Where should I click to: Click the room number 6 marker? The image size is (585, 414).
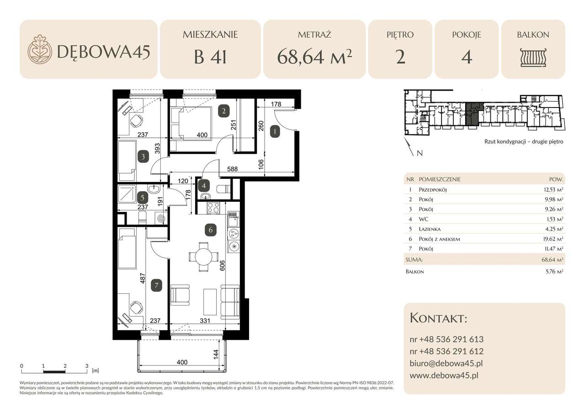pyautogui.click(x=211, y=230)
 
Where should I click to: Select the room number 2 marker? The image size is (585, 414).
pyautogui.click(x=223, y=110)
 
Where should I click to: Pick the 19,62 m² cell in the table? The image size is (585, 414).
pyautogui.click(x=552, y=239)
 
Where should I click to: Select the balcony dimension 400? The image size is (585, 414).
pyautogui.click(x=182, y=362)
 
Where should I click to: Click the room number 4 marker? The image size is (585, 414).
pyautogui.click(x=204, y=186)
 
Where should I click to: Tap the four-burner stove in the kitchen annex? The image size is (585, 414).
pyautogui.click(x=213, y=208)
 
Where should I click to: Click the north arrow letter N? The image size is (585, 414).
pyautogui.click(x=419, y=153)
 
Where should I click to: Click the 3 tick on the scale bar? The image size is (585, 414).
pyautogui.click(x=87, y=366)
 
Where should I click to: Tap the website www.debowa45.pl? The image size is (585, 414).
pyautogui.click(x=444, y=376)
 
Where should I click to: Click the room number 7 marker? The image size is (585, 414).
pyautogui.click(x=156, y=285)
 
